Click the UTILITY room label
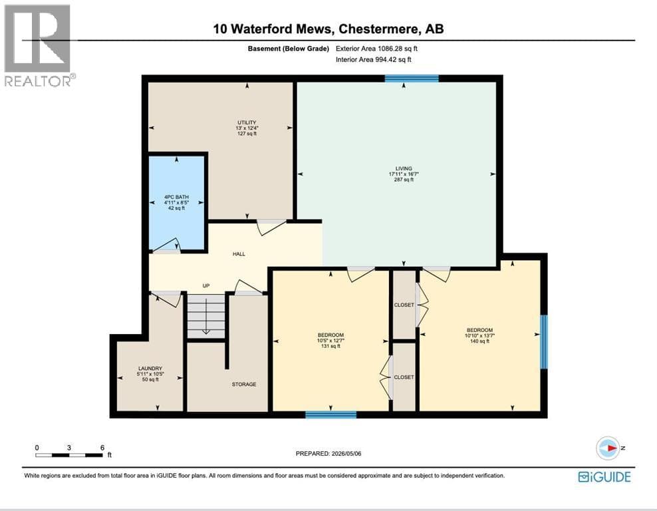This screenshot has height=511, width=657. [x=247, y=122]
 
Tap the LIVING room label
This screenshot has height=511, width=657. [x=404, y=168]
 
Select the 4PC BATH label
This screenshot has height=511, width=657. [x=176, y=197]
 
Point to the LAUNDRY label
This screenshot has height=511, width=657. [x=150, y=369]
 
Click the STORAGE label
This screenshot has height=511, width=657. [x=244, y=385]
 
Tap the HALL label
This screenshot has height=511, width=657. [x=239, y=254]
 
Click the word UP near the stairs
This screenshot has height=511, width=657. [x=206, y=286]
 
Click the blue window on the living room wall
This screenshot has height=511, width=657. [x=412, y=79]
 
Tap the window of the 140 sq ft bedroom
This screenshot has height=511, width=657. [x=544, y=342]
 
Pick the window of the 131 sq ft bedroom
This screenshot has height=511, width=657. [x=331, y=415]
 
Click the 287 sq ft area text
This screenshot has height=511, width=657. [x=404, y=180]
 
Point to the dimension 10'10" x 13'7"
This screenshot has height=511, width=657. [x=479, y=335]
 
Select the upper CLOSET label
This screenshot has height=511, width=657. [x=404, y=305]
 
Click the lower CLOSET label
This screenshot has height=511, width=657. [x=404, y=377]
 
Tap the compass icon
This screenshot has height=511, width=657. [x=608, y=448]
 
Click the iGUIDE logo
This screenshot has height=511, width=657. [x=604, y=477]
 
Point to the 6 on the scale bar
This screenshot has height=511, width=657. [x=102, y=448]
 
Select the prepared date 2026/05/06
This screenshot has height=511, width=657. [x=346, y=454]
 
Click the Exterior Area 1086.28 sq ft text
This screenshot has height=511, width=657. [x=376, y=49]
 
